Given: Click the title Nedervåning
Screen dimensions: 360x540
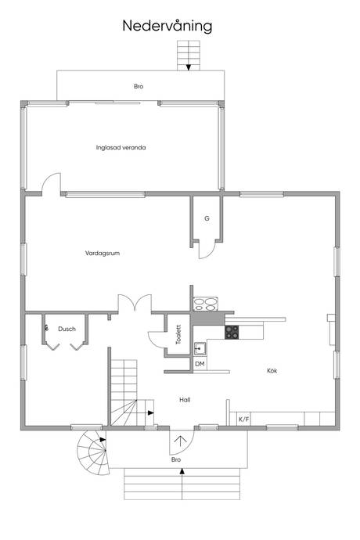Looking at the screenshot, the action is pos(167,26).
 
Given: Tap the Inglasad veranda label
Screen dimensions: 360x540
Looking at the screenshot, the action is pos(121,148).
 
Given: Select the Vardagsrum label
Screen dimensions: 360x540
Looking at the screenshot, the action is pos(103,253).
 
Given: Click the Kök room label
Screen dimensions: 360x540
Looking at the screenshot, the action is pos(272,370).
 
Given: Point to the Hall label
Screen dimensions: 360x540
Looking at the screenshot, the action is pos(185,400).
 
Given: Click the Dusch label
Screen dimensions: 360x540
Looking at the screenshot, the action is pos(67,329).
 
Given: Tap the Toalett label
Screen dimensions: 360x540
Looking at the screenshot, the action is pos(178,334).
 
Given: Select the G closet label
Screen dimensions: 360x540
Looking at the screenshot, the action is pos(207,218).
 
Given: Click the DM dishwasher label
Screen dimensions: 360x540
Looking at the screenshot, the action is pos(200,364).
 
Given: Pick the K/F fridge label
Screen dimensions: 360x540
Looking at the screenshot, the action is pos(244,419).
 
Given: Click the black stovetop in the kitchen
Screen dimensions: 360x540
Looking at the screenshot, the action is pos(232,332).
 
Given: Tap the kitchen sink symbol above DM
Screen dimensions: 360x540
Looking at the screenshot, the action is pos(200,348).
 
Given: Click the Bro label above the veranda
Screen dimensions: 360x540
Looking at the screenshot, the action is pos(139,86).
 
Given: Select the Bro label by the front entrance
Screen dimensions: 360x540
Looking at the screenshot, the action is pos(176,459).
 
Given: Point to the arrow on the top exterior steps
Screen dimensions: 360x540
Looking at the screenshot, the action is pos(189,67).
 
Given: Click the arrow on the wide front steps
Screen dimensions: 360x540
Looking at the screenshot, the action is pos(182,471).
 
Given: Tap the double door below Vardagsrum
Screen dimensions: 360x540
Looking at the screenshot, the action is pos(135,303).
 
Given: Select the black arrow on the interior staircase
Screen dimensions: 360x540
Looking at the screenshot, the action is pos(150,412).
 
